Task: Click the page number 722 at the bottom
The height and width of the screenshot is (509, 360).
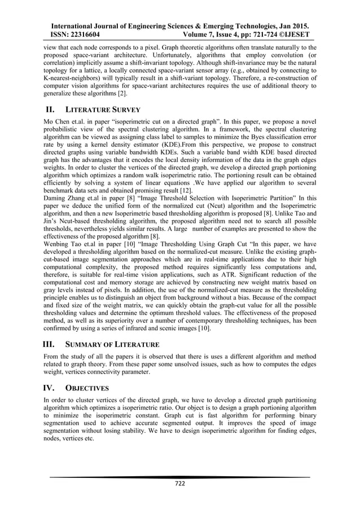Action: (x=179, y=484)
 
